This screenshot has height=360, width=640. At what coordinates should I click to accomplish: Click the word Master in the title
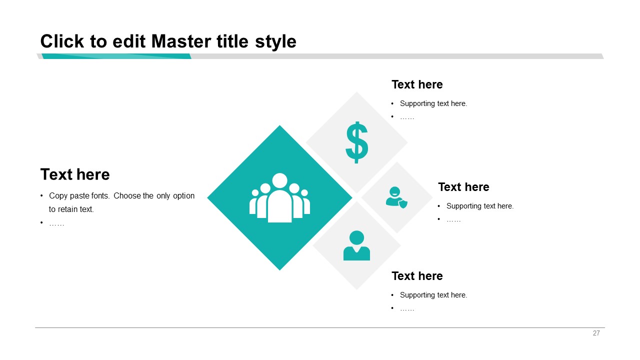181,41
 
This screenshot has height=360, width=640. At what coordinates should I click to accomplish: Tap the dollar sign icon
356,142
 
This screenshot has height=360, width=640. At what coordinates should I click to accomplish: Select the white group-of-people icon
279,197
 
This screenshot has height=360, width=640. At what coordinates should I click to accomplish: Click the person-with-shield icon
396,197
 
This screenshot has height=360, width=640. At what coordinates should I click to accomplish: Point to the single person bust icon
356,245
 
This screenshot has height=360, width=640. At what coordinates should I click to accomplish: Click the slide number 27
596,333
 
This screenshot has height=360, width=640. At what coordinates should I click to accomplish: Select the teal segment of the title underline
116,56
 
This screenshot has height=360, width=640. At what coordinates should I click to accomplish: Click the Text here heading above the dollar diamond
417,84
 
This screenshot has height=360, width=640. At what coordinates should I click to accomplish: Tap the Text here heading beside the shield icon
463,187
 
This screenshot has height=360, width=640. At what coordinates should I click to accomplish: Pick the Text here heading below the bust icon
417,276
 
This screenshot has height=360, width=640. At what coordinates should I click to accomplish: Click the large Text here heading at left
75,174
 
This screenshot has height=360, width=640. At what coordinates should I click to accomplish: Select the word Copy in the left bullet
58,196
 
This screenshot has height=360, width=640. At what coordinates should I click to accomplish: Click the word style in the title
275,42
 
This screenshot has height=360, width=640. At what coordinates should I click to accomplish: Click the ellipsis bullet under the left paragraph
56,224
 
